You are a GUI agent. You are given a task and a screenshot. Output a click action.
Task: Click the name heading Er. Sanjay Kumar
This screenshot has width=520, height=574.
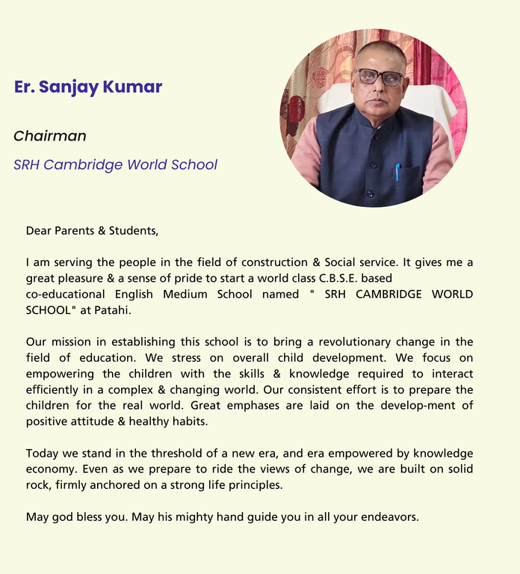tap(88, 87)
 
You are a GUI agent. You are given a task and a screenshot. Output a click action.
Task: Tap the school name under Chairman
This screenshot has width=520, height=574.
tap(115, 164)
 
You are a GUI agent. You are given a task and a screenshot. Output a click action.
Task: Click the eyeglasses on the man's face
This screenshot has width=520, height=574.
tap(380, 77)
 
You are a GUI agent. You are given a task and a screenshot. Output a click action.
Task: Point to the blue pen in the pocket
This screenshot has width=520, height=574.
tap(397, 171)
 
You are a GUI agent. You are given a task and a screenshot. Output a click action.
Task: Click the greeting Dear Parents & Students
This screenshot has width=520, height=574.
tap(92, 230)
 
